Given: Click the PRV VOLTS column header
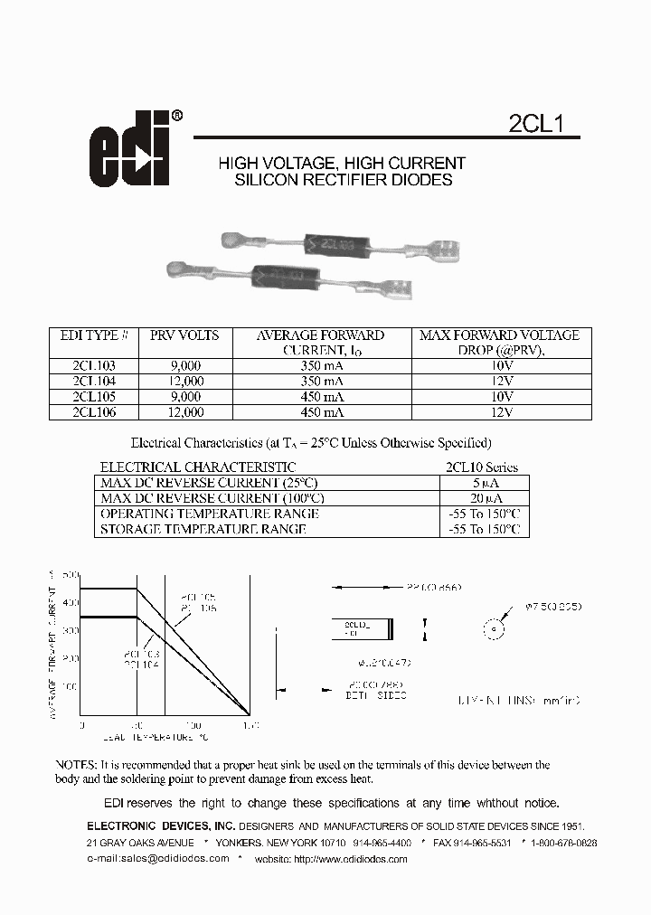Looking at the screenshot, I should pyautogui.click(x=184, y=335).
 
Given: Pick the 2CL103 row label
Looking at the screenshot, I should pyautogui.click(x=94, y=366).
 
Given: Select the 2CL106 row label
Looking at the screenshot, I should pyautogui.click(x=94, y=412).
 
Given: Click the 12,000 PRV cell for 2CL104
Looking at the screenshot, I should pyautogui.click(x=184, y=382).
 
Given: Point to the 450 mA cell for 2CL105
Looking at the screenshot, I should pyautogui.click(x=321, y=397).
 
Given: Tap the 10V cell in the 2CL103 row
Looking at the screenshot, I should pyautogui.click(x=501, y=366).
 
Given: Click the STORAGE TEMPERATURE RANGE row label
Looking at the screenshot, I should pyautogui.click(x=203, y=529).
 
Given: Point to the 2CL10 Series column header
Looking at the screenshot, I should pyautogui.click(x=483, y=467).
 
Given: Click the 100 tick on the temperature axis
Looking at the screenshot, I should pyautogui.click(x=193, y=726).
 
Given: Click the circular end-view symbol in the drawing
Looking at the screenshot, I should pyautogui.click(x=494, y=629).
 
